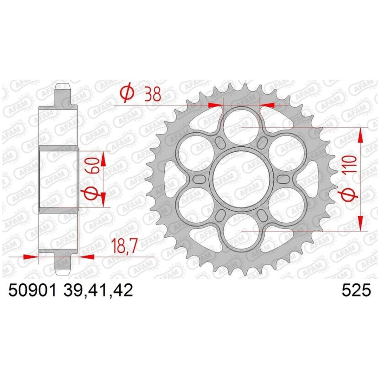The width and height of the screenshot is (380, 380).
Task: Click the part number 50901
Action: pos(32,290)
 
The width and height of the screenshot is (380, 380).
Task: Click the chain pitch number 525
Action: pos(356,290)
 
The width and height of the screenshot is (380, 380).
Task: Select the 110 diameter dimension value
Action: pos(350,164)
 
